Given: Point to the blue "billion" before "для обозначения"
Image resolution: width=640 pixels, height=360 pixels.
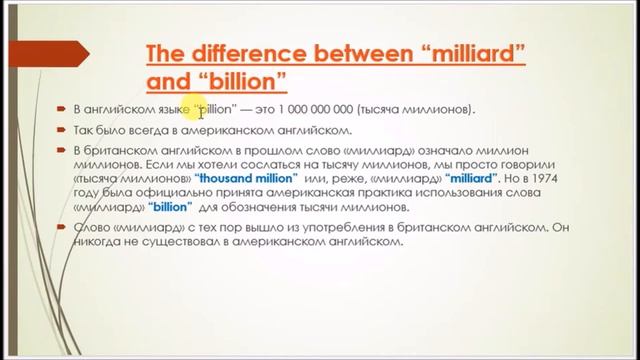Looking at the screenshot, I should (x=169, y=191).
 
